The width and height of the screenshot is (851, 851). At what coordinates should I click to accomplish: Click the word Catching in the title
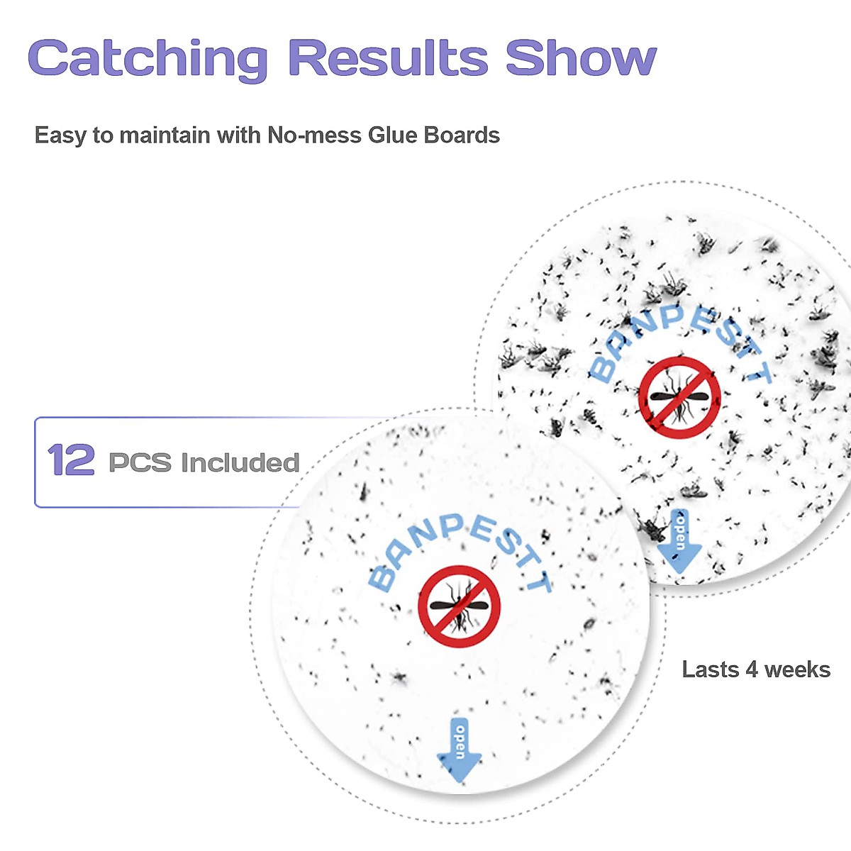(148, 59)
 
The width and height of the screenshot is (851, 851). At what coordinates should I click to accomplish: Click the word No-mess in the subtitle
(314, 135)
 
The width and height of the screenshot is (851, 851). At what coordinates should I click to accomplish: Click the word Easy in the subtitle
(61, 135)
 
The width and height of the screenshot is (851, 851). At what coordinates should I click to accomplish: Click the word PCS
(140, 462)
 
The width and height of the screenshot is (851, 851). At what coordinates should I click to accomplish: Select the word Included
(240, 462)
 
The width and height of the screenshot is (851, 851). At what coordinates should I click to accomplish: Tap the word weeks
(797, 669)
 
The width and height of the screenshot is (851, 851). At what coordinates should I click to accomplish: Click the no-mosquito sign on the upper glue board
(679, 397)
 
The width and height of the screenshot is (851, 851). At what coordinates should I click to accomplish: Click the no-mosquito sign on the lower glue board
(459, 606)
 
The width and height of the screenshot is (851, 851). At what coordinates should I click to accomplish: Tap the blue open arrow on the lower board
(459, 750)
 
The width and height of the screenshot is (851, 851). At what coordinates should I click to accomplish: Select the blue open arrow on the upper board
(679, 540)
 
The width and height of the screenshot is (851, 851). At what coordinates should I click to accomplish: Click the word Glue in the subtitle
(392, 135)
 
